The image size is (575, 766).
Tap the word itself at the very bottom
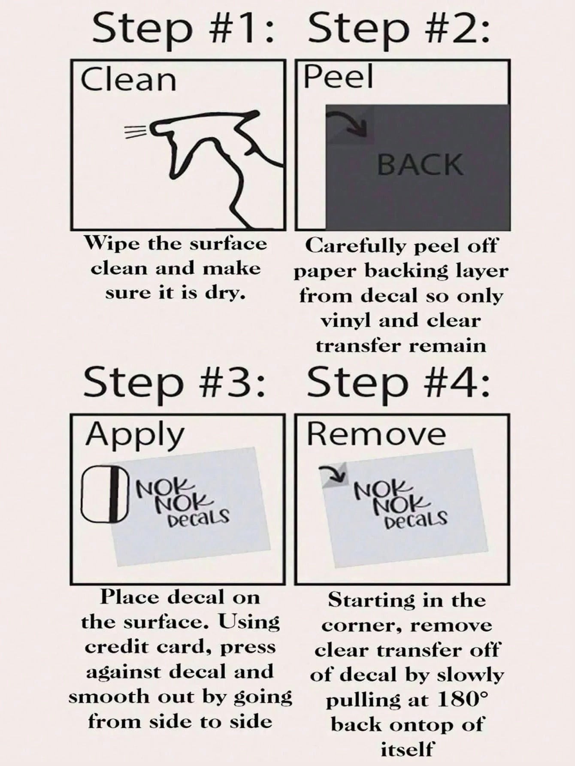coord(406,750)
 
